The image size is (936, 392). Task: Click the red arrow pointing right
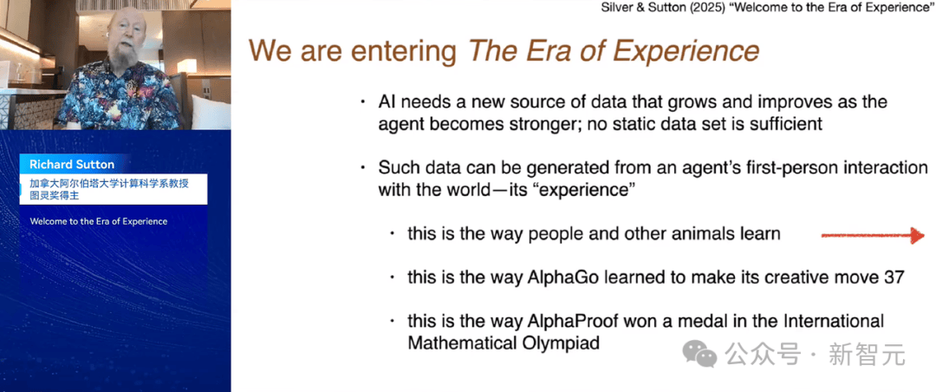873,235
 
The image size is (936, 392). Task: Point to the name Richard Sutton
72,164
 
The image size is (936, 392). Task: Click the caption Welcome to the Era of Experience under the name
99,222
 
